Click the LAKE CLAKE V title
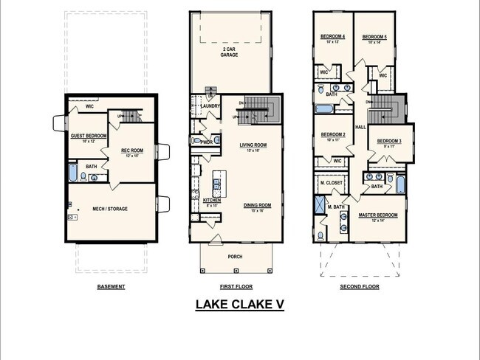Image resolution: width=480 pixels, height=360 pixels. point(239,304)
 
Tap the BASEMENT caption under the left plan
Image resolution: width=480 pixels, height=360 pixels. point(112,286)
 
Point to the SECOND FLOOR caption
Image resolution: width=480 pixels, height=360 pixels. point(360,286)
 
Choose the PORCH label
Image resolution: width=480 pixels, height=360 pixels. point(234,257)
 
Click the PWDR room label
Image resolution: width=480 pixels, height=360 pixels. point(207,142)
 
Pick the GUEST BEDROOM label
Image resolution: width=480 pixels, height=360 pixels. point(87,136)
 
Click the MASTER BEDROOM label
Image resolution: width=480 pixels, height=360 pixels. point(378,215)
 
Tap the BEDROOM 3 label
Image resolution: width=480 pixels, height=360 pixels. point(390,141)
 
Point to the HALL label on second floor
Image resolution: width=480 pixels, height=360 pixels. point(360,127)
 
